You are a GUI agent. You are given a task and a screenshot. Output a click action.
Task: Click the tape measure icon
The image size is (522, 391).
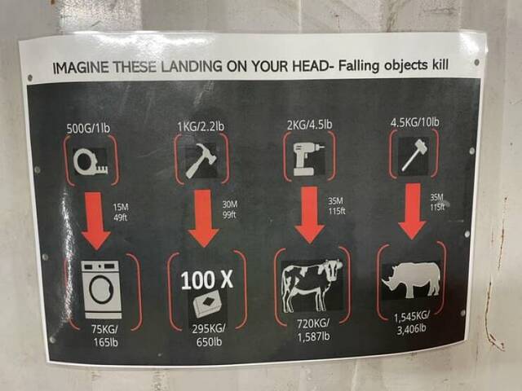(91, 161)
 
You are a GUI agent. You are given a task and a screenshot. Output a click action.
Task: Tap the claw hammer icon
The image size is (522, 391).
(201, 160)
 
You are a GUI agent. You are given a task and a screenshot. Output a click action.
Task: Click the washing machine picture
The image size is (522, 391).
(102, 290)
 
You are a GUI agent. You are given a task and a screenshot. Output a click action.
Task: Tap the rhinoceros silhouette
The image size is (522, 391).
(411, 279)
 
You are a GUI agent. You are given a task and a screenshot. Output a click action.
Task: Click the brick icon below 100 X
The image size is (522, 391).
(206, 302)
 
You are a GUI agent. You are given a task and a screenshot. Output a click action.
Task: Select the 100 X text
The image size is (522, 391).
(206, 279)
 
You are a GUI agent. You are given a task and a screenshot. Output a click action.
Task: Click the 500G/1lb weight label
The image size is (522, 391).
(88, 128)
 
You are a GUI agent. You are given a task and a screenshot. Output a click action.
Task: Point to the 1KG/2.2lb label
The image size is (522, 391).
(201, 126)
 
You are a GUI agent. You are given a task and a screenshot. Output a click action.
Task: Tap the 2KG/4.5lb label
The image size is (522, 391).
(309, 125)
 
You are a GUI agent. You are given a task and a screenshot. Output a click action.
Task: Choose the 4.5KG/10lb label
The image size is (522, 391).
(415, 122)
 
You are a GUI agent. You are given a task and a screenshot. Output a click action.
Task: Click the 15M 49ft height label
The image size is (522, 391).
(121, 212)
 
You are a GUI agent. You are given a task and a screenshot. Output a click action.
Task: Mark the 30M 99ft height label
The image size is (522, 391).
(230, 209)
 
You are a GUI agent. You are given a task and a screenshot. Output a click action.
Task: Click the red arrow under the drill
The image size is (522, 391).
(310, 215)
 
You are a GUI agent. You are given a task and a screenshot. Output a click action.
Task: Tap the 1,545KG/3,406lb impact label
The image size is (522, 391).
(411, 323)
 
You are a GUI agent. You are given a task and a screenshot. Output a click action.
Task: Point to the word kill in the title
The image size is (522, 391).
(440, 64)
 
